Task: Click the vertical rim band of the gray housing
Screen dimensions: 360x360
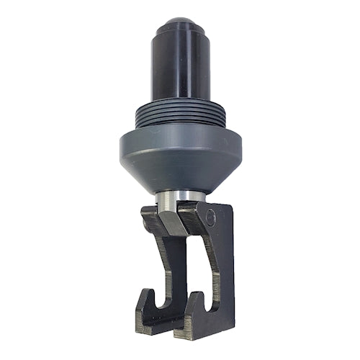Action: pyautogui.click(x=180, y=148)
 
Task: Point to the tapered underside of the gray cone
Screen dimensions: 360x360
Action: pyautogui.click(x=180, y=177)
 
